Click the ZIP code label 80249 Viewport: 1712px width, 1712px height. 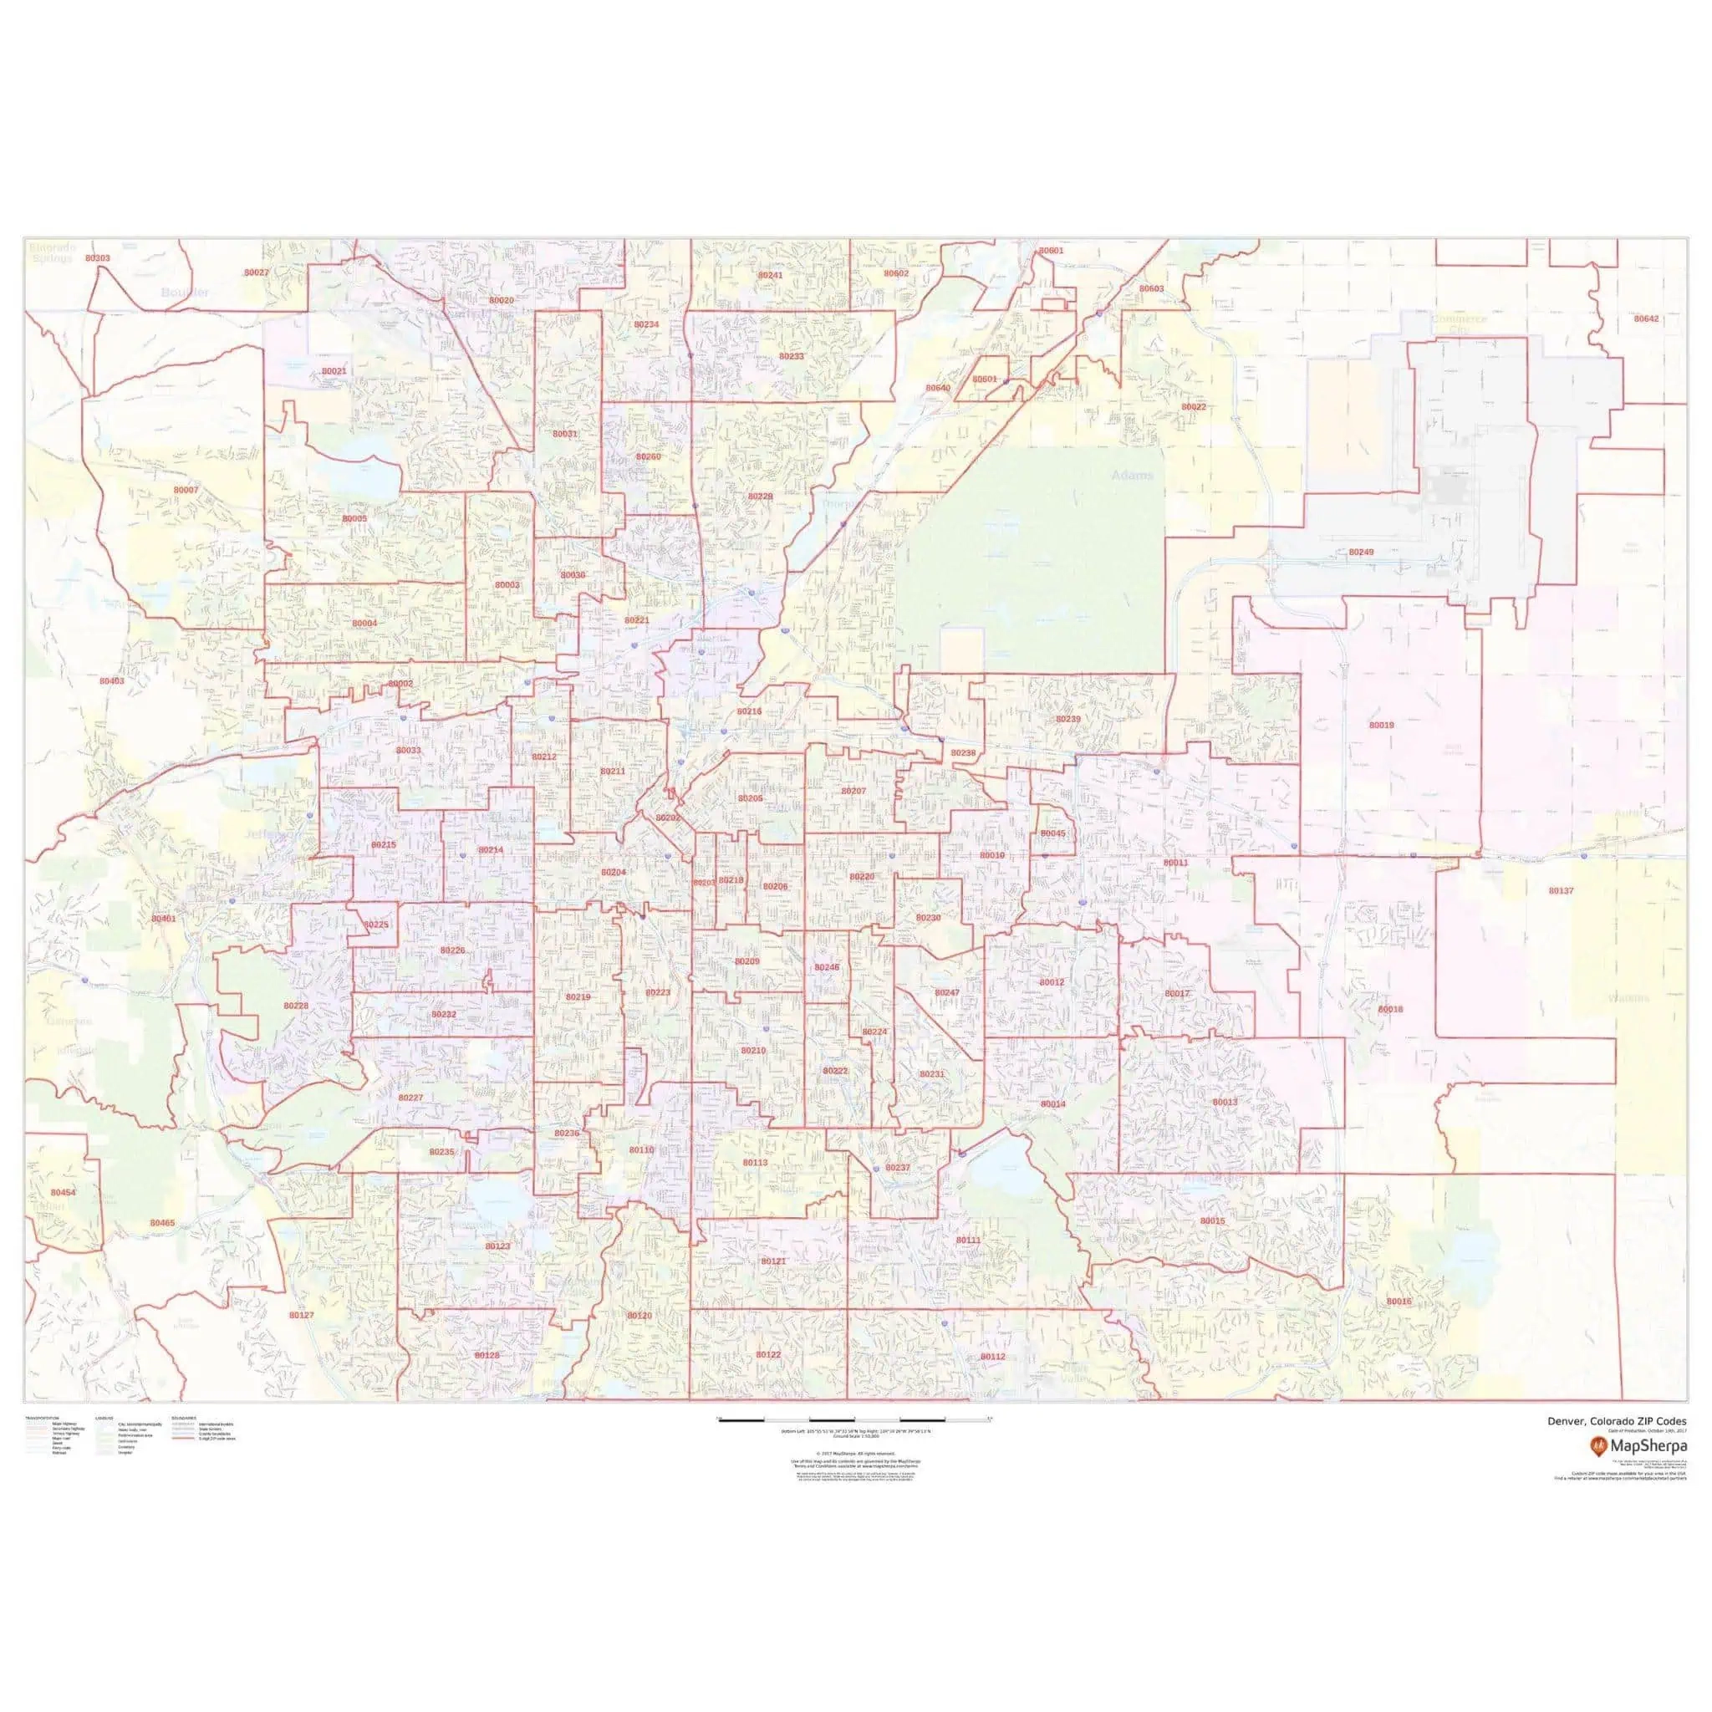click(x=1361, y=552)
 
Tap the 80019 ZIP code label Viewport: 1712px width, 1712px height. click(x=1382, y=725)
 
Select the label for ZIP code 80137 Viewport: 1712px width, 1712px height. click(x=1562, y=889)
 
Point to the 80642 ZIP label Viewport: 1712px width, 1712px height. click(x=1647, y=318)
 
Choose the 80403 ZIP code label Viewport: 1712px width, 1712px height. click(x=112, y=680)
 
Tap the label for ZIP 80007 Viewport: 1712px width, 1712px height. click(x=186, y=490)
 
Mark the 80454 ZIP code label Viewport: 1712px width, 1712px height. click(x=63, y=1193)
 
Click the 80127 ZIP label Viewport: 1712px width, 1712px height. click(x=301, y=1315)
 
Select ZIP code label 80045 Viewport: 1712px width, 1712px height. click(x=1053, y=833)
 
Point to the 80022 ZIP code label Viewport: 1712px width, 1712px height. click(x=1194, y=407)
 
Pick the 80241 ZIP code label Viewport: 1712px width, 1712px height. click(x=770, y=275)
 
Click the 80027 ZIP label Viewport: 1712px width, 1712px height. click(x=256, y=272)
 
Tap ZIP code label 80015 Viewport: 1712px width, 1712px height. click(x=1212, y=1220)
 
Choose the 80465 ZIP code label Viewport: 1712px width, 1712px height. click(x=162, y=1223)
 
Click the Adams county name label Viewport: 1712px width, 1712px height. click(x=1133, y=475)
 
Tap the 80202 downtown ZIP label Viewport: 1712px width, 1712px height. click(x=667, y=818)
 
